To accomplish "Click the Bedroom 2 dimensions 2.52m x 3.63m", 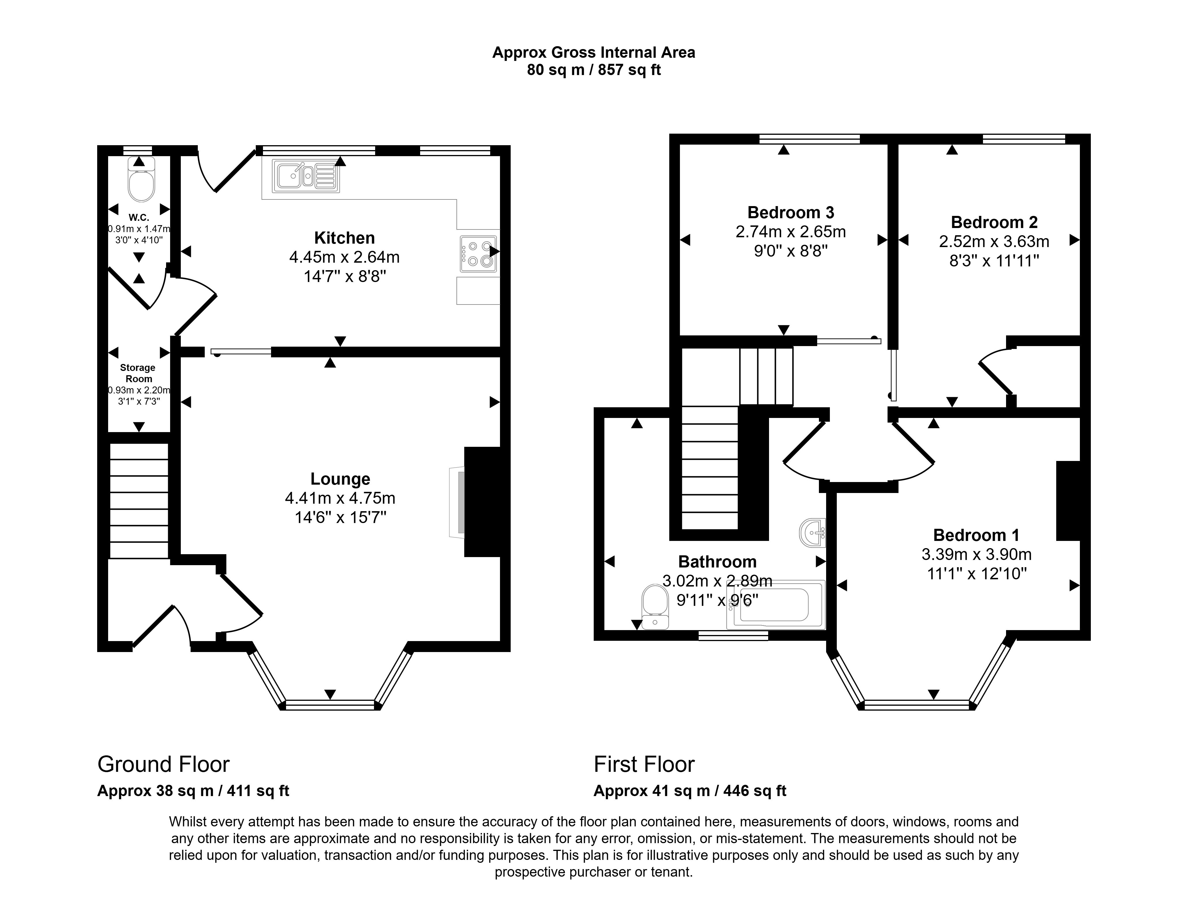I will [x=994, y=241].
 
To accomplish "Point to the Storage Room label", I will [x=138, y=373].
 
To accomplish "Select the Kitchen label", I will [x=344, y=238].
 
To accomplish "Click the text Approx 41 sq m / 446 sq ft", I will [x=690, y=791].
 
